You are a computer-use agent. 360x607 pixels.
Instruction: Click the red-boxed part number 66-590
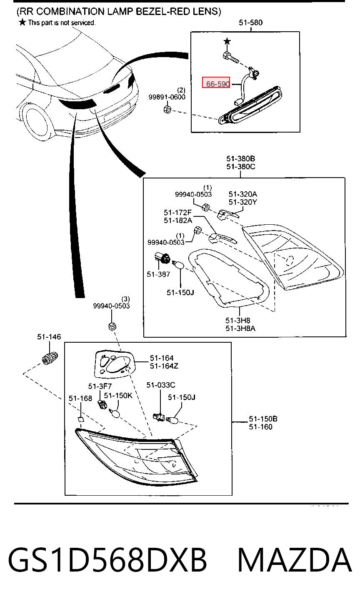tap(218, 84)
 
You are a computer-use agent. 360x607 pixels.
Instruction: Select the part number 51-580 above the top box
tap(250, 23)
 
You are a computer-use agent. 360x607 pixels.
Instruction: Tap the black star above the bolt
tap(227, 41)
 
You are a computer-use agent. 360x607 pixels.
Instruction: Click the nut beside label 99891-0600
tap(167, 110)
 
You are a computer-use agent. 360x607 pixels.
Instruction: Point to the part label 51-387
tap(158, 274)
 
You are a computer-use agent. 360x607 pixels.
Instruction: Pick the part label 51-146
tap(49, 337)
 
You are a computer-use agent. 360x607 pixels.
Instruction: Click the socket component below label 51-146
tap(50, 358)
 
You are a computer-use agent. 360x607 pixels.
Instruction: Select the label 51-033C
tap(161, 385)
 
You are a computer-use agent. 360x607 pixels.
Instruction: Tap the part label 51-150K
tap(118, 396)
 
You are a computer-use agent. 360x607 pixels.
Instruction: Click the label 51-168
tap(80, 399)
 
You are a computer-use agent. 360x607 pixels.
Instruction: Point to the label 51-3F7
tap(100, 386)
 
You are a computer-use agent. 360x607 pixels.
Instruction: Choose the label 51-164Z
tap(164, 366)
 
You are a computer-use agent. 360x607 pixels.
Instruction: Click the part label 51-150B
tap(263, 419)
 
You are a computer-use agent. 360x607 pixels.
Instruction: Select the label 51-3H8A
tap(240, 329)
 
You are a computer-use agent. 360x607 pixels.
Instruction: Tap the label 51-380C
tap(240, 166)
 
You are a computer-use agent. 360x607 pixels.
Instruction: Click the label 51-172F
tap(177, 213)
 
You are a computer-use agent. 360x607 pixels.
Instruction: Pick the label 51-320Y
tap(243, 202)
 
